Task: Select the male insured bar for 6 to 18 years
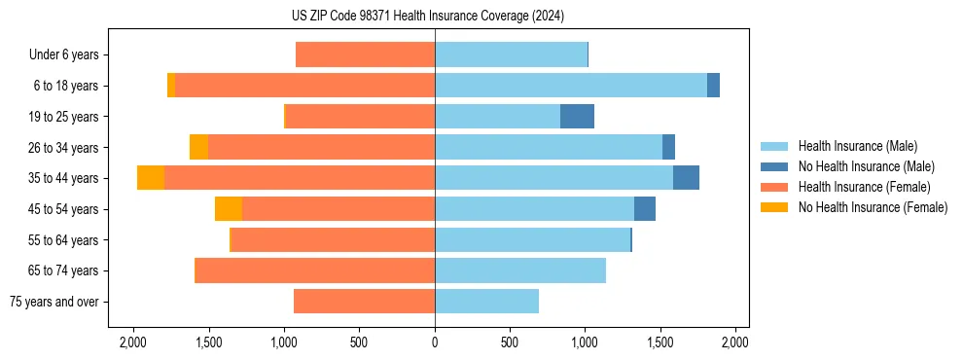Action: click(x=571, y=85)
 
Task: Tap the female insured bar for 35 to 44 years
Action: click(x=300, y=178)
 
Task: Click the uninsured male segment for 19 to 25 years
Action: click(x=577, y=116)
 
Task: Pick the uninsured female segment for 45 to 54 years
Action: click(x=229, y=208)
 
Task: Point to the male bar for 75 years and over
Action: click(x=486, y=302)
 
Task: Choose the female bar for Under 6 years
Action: click(x=365, y=54)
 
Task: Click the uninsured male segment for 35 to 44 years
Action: click(x=686, y=178)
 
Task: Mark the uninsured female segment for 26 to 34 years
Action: click(x=198, y=147)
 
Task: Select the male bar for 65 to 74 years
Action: click(x=520, y=270)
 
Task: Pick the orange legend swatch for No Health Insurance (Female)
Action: click(x=775, y=207)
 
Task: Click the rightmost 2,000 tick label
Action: click(x=735, y=343)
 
